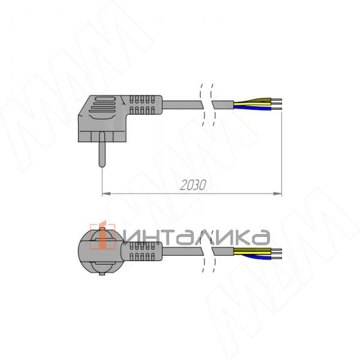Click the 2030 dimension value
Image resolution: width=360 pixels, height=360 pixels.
point(193,185)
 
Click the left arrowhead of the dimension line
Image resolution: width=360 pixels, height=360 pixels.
point(106,194)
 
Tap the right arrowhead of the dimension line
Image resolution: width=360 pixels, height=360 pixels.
point(278,194)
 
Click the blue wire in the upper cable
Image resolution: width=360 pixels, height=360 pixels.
point(253,107)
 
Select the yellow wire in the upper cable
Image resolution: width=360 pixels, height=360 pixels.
point(253,104)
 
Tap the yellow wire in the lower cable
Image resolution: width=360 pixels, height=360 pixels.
point(253,253)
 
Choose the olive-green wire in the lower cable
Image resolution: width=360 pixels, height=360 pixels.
point(253,250)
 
